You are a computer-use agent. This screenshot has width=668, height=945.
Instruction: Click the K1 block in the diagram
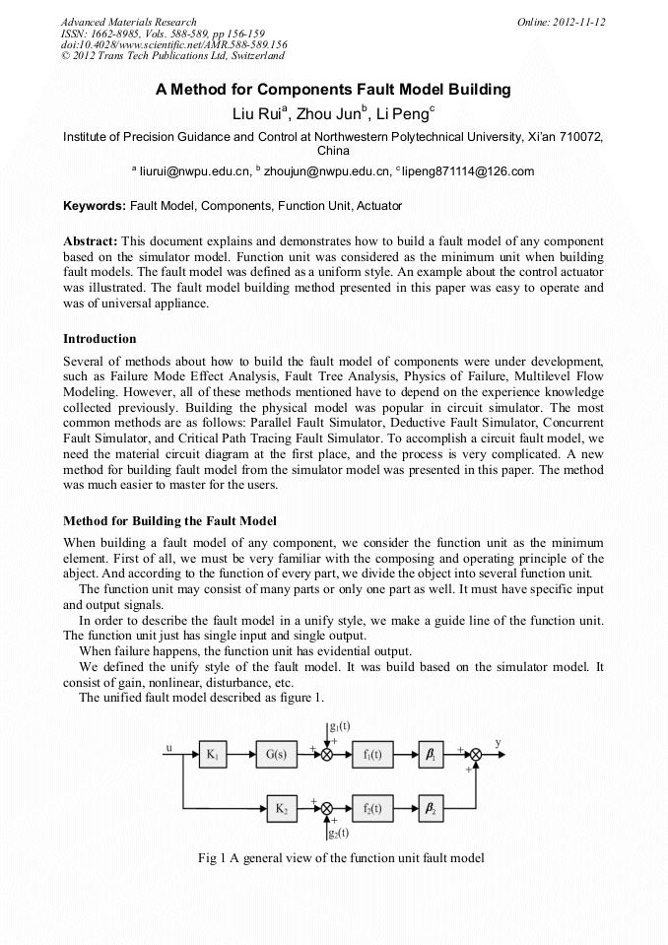point(212,755)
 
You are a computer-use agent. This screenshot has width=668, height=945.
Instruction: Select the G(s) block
point(276,755)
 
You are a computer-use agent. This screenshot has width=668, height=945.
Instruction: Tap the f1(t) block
point(372,755)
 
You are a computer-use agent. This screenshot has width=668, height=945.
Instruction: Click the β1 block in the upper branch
point(430,755)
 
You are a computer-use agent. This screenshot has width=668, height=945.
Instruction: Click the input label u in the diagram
point(169,748)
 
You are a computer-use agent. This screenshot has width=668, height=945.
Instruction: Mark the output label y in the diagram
point(498,742)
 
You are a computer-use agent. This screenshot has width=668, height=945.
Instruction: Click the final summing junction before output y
point(476,755)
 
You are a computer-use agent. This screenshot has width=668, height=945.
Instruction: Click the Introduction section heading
point(100,338)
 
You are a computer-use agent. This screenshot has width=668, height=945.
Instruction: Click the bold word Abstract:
point(91,240)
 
